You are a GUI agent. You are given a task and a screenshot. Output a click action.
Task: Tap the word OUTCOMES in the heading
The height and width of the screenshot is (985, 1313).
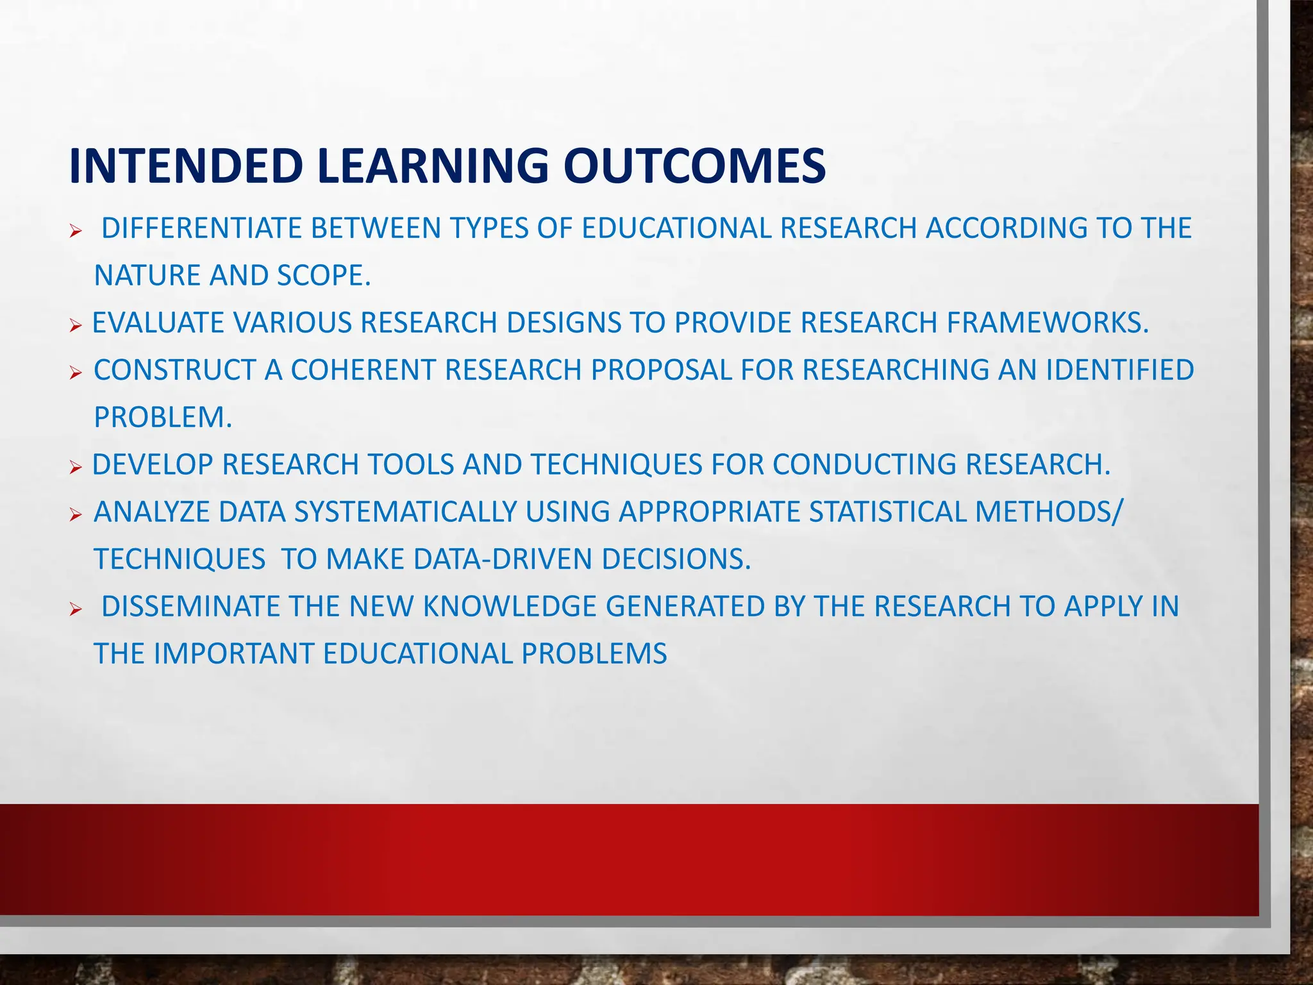click(x=694, y=166)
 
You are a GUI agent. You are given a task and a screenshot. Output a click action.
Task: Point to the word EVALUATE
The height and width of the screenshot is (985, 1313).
click(x=158, y=323)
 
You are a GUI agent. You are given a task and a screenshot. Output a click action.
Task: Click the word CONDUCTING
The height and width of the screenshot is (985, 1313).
click(x=864, y=465)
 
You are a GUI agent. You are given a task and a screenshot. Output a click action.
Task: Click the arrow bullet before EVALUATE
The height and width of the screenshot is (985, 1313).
click(x=76, y=326)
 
